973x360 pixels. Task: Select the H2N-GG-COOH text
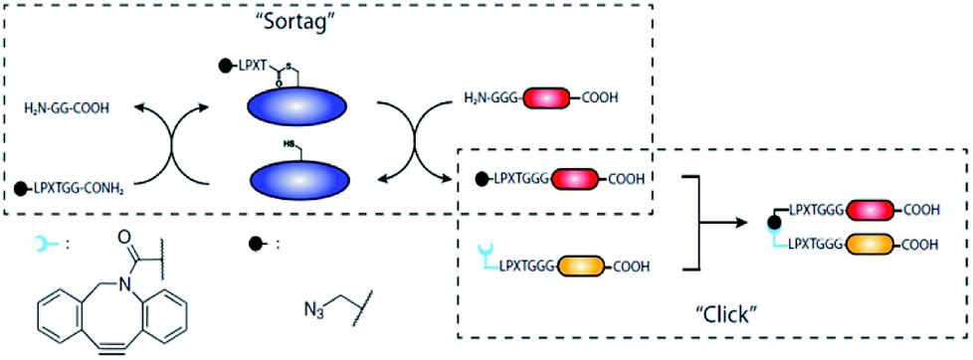click(x=74, y=98)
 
